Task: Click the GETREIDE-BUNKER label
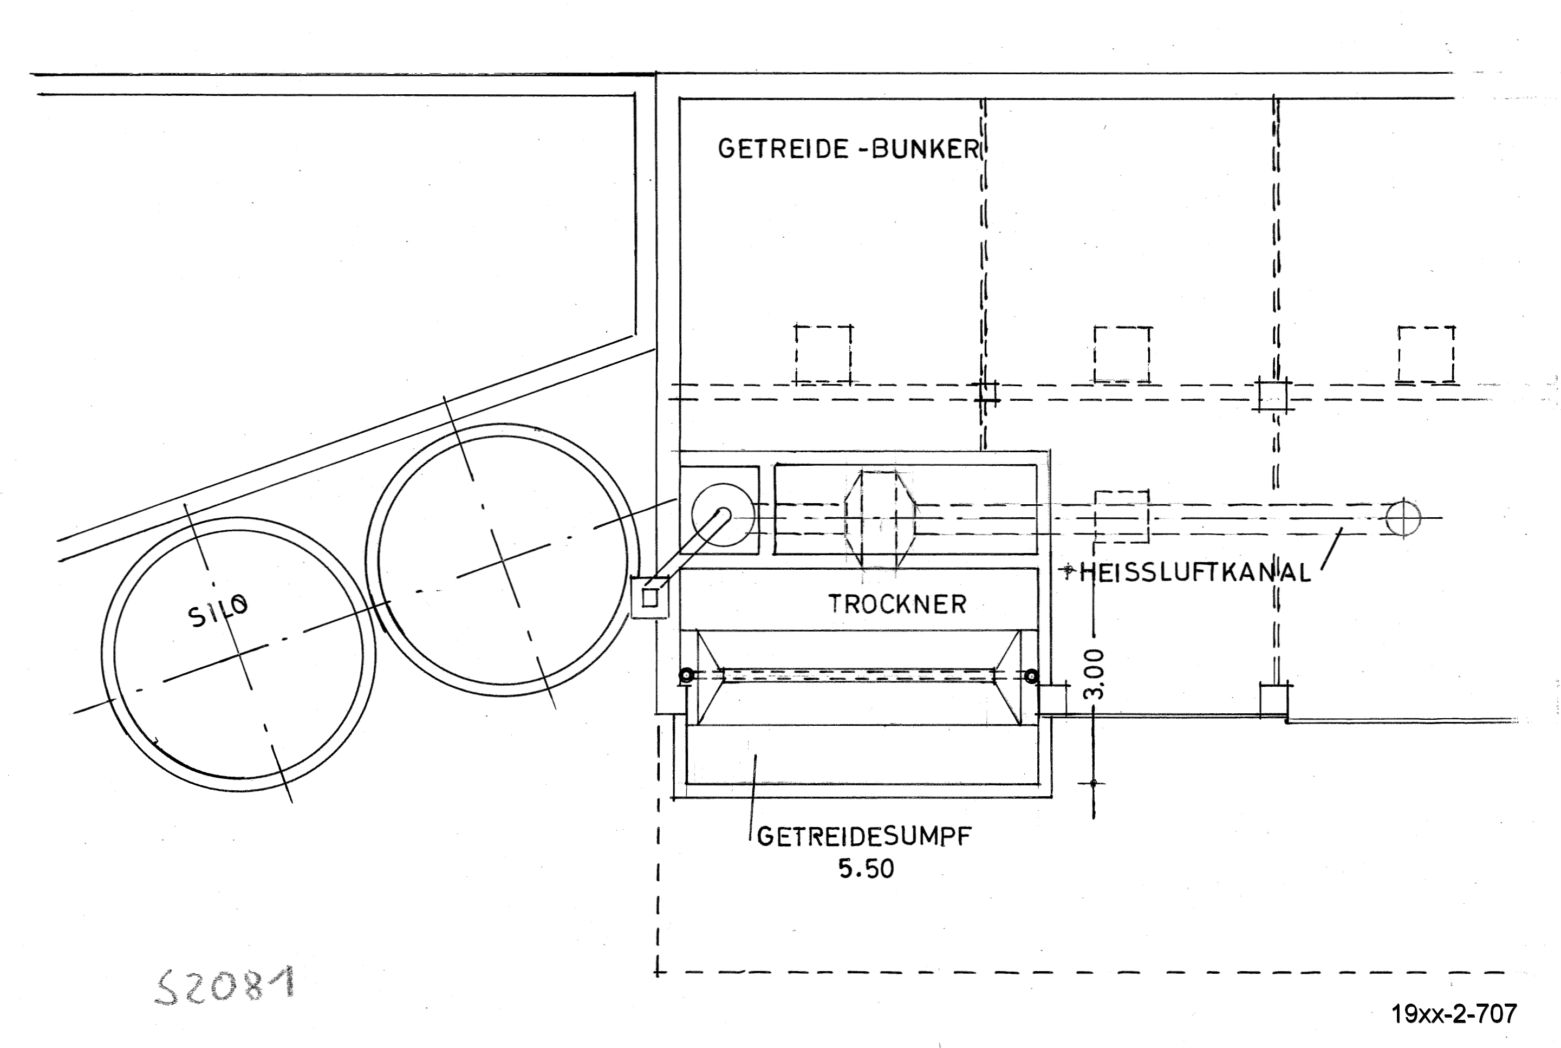tap(849, 148)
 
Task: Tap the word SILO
tap(218, 611)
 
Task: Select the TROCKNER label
tap(897, 604)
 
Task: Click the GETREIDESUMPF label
tap(864, 836)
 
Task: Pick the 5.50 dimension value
tap(866, 869)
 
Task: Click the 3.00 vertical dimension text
tap(1097, 674)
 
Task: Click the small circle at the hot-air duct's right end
tap(1403, 517)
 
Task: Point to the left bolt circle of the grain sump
tap(686, 676)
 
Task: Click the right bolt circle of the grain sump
tap(1032, 676)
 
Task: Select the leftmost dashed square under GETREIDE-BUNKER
tap(823, 354)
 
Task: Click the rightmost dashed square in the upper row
tap(1426, 354)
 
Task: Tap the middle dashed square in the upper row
tap(1123, 354)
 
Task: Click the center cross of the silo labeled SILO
tap(238, 653)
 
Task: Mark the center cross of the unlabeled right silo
tap(504, 560)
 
